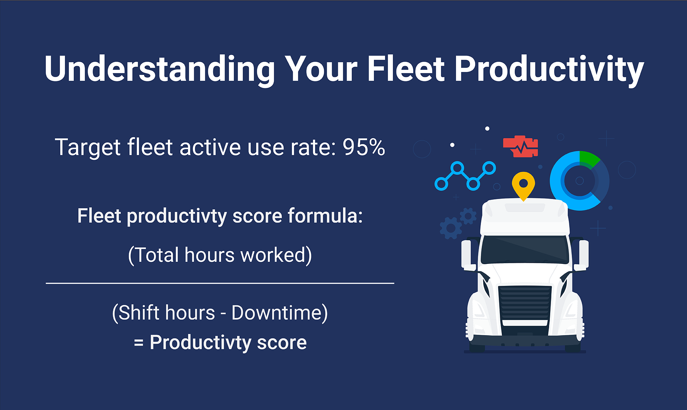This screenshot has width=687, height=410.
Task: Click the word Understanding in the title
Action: coord(159,69)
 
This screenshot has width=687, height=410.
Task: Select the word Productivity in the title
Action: coord(549,69)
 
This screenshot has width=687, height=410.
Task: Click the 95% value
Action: coord(364,147)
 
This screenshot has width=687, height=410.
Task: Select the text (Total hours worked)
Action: coord(220,255)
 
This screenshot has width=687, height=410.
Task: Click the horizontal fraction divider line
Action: coord(220,283)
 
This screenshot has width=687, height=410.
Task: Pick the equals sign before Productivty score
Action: coord(139,343)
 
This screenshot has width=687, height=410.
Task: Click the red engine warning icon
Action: coord(521,146)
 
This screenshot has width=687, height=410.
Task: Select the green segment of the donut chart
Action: coord(588,159)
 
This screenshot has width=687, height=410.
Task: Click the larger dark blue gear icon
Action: coord(451,228)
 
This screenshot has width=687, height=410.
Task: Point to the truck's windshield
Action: coord(525,249)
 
